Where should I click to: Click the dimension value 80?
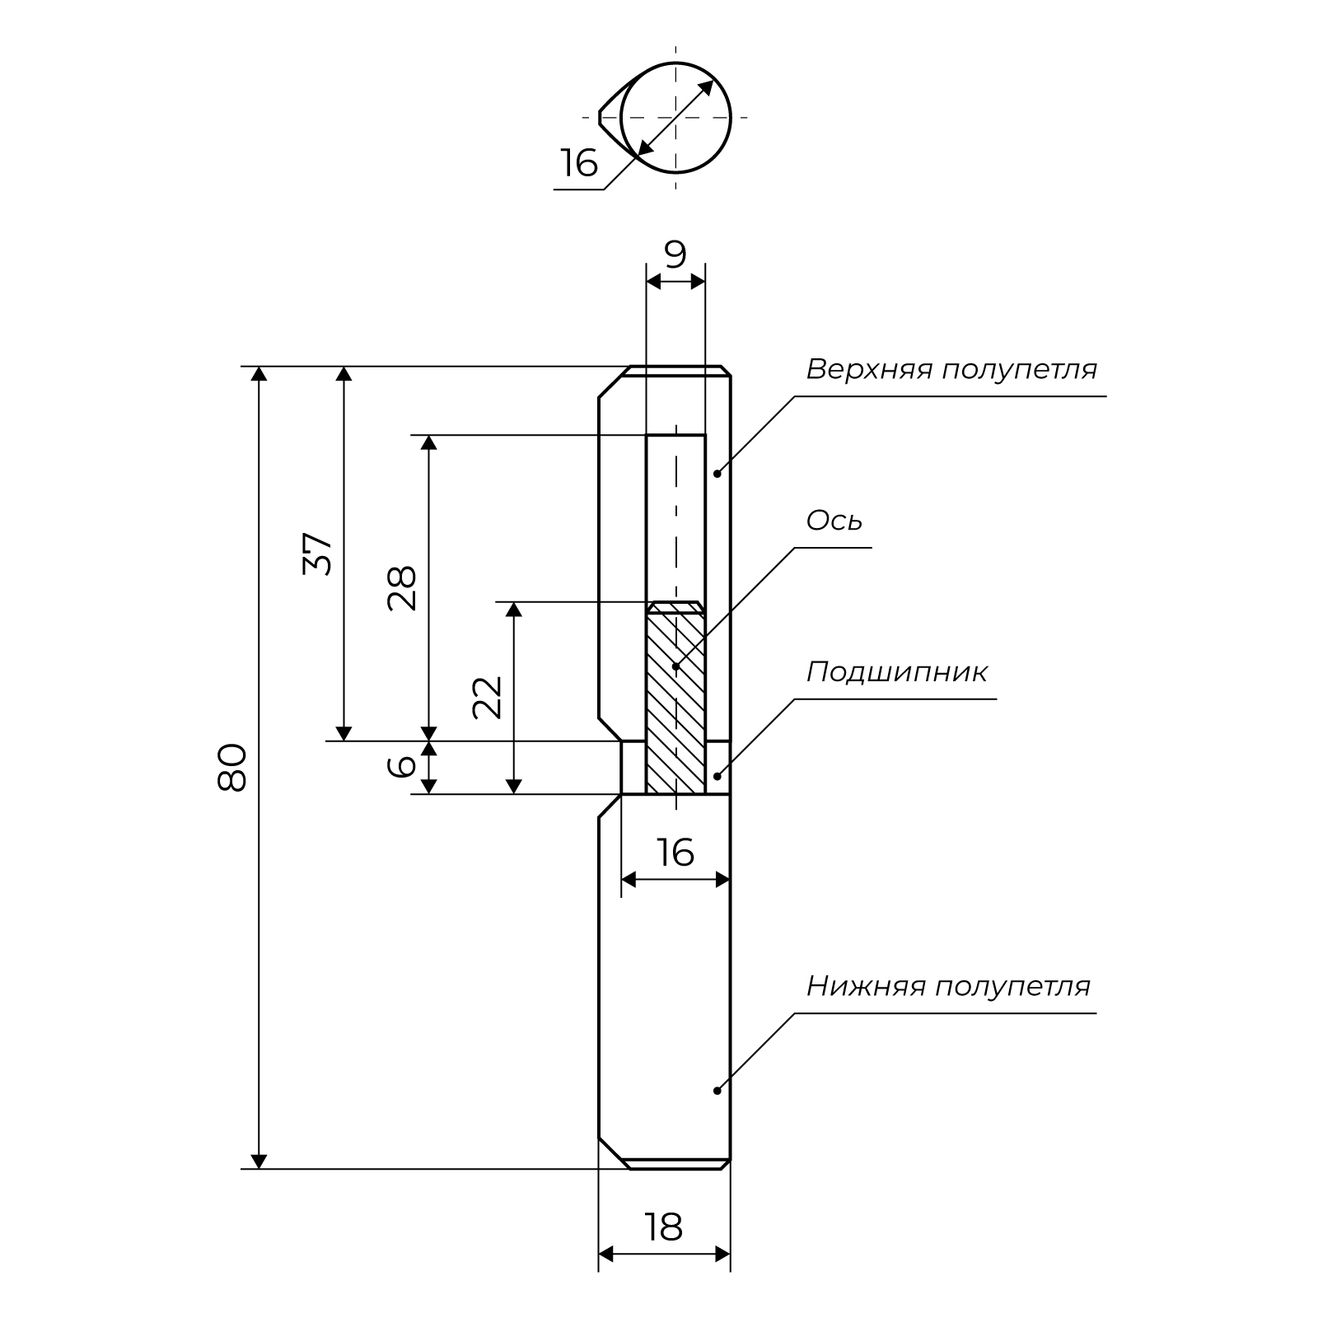[x=232, y=767]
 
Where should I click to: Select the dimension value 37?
[x=318, y=554]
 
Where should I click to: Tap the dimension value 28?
[x=403, y=587]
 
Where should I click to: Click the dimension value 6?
[x=403, y=766]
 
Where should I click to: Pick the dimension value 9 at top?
[x=675, y=255]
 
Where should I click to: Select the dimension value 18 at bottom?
[x=664, y=1227]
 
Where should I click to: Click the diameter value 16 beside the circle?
[x=579, y=163]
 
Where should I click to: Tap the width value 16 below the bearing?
[x=675, y=853]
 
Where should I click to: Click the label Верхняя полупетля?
[x=951, y=369]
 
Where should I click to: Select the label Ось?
[x=834, y=521]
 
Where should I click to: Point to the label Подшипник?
[x=896, y=672]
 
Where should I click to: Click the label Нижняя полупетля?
[x=948, y=986]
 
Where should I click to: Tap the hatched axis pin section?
[x=675, y=700]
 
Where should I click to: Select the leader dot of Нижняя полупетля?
[x=717, y=1091]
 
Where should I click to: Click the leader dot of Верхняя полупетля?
[x=717, y=473]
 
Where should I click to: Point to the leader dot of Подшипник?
[x=717, y=775]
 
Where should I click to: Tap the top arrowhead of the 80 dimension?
[x=259, y=375]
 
